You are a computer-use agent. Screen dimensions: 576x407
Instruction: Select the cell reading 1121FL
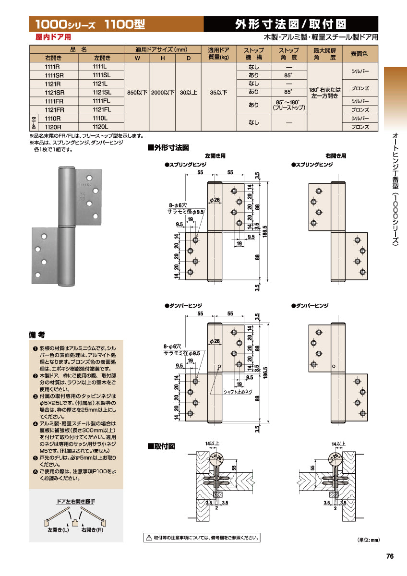point(101,109)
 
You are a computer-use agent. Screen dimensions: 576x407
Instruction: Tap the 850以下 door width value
point(137,92)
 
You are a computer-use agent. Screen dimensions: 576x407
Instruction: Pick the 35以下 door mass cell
point(218,92)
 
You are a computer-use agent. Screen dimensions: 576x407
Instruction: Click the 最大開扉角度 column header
point(324,54)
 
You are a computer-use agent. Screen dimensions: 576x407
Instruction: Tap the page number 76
point(390,556)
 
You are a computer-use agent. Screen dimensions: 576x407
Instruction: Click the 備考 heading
point(37,335)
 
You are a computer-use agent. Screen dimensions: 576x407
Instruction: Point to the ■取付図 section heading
point(161,446)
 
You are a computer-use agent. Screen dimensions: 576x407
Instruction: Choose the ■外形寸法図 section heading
point(168,148)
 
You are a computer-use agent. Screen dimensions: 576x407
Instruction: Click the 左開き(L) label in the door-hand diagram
point(58,530)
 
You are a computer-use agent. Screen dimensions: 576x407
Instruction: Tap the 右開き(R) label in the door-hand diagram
point(93,530)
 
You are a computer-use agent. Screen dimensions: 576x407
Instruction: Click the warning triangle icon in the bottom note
point(149,538)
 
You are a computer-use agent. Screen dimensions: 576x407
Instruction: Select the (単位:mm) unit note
point(368,540)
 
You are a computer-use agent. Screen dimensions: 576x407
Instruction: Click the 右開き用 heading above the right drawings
point(335,156)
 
